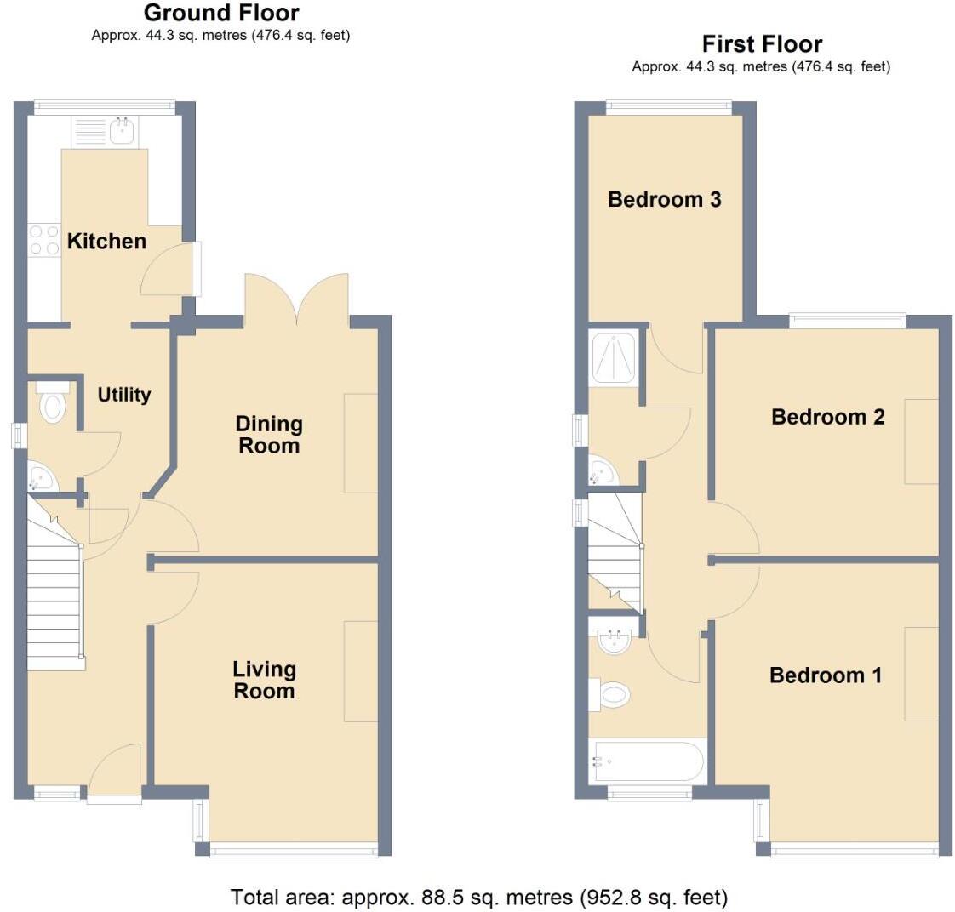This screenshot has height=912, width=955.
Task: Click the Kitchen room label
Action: pyautogui.click(x=106, y=242)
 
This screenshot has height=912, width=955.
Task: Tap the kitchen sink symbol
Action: pyautogui.click(x=122, y=130)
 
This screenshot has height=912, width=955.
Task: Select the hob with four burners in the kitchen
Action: pyautogui.click(x=43, y=240)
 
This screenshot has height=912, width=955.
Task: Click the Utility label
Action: pyautogui.click(x=124, y=395)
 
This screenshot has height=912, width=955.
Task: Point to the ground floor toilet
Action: pyautogui.click(x=53, y=404)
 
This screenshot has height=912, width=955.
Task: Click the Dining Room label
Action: pyautogui.click(x=269, y=435)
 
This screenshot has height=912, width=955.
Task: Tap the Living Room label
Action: pyautogui.click(x=264, y=681)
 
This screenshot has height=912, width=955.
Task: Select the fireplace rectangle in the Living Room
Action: pyautogui.click(x=360, y=671)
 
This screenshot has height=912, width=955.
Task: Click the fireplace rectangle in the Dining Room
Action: pyautogui.click(x=360, y=443)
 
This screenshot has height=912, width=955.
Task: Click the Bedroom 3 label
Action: pyautogui.click(x=665, y=199)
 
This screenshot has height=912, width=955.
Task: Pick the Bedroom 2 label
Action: pyautogui.click(x=827, y=417)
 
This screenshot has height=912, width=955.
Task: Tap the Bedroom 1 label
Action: pyautogui.click(x=825, y=675)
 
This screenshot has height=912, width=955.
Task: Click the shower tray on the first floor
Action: pyautogui.click(x=613, y=356)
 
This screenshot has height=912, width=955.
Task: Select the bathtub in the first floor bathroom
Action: pyautogui.click(x=647, y=762)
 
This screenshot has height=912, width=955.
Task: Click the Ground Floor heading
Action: pyautogui.click(x=221, y=14)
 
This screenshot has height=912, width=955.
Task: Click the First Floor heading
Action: pyautogui.click(x=762, y=44)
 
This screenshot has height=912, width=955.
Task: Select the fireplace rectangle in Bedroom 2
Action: pyautogui.click(x=921, y=441)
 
